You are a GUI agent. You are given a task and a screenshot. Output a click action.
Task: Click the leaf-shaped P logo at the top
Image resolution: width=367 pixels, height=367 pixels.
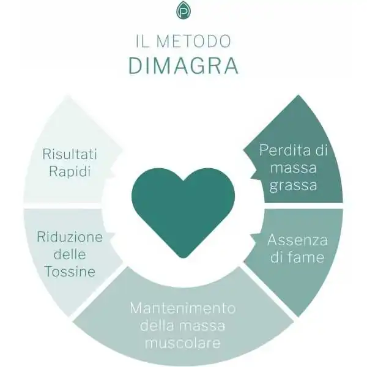point(183,10)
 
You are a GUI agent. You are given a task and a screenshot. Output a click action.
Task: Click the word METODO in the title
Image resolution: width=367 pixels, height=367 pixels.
point(193,41)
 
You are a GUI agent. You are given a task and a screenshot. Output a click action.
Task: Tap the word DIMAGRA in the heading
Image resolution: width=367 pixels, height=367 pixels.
point(183,65)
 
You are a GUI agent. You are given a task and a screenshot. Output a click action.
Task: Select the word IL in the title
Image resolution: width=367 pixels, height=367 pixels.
point(143,41)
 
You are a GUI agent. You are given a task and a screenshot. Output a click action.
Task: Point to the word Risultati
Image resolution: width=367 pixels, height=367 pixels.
point(70,154)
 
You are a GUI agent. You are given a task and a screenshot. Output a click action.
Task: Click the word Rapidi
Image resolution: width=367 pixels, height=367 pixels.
point(70,171)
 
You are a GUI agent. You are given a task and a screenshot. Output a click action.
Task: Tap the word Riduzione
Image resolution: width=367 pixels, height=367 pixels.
point(70,237)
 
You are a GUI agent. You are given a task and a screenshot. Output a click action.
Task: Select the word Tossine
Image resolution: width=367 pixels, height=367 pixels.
point(70,271)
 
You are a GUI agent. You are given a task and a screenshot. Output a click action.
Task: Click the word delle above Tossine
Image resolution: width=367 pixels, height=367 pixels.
point(70,254)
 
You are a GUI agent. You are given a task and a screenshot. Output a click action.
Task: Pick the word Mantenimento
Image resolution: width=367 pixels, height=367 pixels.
point(183,308)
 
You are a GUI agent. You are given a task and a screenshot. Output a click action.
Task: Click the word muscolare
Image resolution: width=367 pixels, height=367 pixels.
point(183,343)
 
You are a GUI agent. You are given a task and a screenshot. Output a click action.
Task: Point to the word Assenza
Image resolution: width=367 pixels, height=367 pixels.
point(297,240)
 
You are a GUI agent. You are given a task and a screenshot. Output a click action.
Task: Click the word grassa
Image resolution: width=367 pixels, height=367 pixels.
point(293,185)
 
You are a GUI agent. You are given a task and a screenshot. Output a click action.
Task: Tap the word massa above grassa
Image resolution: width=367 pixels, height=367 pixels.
point(293,168)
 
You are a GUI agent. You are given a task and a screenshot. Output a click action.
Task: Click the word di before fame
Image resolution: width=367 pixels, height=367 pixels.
point(276,257)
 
